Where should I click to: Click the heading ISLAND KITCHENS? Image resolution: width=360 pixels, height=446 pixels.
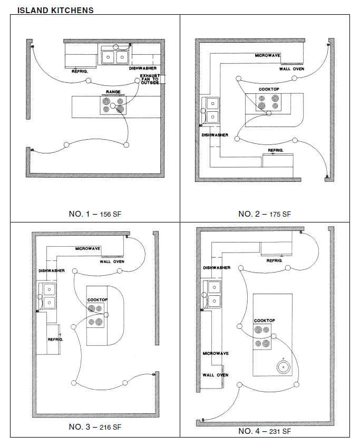(55, 11)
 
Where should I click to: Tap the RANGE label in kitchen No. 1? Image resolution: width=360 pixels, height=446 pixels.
(113, 92)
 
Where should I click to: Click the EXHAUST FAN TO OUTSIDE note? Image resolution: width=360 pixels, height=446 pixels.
(150, 79)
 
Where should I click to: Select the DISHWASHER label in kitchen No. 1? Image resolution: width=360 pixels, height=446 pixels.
(143, 69)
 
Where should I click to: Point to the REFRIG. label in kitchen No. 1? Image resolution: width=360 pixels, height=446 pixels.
(80, 71)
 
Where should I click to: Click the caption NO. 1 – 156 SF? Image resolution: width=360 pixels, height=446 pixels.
(95, 214)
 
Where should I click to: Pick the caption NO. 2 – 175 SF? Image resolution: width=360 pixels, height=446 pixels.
(265, 214)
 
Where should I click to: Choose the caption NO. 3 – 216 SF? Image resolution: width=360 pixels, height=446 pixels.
(95, 427)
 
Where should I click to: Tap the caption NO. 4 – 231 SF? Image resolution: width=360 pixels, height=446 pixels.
(265, 431)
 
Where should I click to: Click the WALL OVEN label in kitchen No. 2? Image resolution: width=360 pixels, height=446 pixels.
(291, 69)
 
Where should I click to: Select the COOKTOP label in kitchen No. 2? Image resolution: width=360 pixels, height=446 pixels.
(269, 89)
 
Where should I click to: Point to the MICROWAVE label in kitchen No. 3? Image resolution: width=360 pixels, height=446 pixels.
(87, 249)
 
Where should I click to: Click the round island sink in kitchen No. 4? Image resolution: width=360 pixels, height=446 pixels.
(284, 367)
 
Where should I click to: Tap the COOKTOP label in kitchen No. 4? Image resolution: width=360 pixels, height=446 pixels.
(265, 321)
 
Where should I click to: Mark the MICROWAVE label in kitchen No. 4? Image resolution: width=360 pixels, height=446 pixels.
(216, 353)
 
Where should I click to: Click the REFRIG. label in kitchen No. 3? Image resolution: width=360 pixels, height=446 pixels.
(55, 340)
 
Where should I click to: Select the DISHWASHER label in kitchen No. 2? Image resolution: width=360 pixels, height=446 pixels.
(215, 135)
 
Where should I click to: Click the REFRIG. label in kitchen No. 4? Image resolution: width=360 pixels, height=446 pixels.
(275, 260)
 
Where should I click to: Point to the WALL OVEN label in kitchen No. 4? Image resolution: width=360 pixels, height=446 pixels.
(215, 375)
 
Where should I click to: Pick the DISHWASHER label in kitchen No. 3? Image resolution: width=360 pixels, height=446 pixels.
(52, 271)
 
